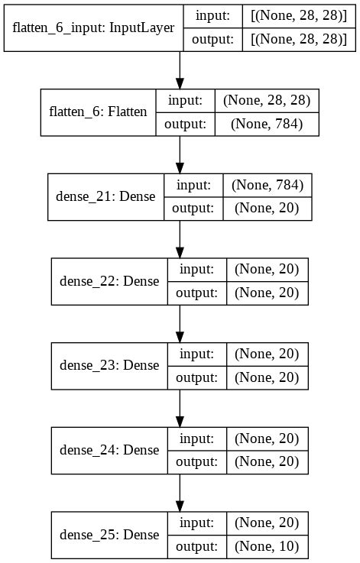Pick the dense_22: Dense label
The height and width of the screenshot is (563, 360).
pyautogui.click(x=109, y=280)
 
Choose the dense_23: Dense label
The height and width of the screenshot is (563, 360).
pyautogui.click(x=109, y=365)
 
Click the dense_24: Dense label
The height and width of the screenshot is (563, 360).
pyautogui.click(x=109, y=450)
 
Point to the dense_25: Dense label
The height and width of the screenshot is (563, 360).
pyautogui.click(x=109, y=535)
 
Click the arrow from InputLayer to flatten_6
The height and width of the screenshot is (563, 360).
pyautogui.click(x=180, y=70)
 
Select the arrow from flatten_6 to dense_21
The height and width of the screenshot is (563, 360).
pyautogui.click(x=180, y=155)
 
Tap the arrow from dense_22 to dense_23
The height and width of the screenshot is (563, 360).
pyautogui.click(x=180, y=325)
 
